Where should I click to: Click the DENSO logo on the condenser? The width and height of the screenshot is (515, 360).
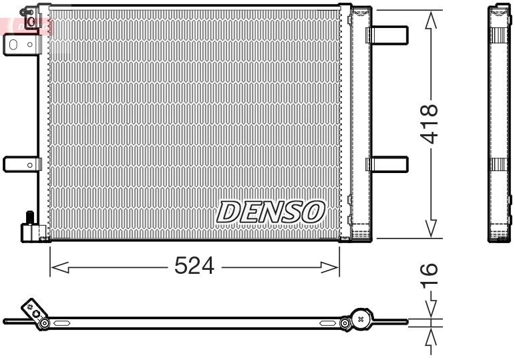click(271, 212)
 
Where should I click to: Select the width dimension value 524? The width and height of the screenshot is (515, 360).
click(194, 266)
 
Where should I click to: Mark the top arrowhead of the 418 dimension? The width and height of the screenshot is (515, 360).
click(432, 20)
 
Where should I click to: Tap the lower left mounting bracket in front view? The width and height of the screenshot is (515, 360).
click(21, 164)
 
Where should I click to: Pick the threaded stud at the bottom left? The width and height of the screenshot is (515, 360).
click(29, 218)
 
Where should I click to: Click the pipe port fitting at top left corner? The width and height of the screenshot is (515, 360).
click(31, 19)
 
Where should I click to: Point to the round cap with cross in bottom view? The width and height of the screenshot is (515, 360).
click(361, 320)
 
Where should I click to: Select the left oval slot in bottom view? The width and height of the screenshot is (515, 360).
click(62, 324)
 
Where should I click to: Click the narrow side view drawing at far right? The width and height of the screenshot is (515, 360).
click(499, 124)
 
